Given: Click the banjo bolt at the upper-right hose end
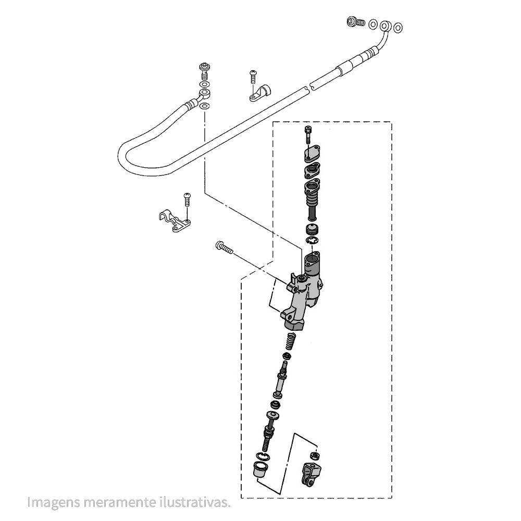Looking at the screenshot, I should coord(356,22).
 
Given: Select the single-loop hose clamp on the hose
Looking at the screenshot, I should coord(258,93).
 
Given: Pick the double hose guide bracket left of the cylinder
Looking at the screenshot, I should coord(173,222).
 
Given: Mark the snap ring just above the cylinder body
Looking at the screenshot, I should coord(313,241).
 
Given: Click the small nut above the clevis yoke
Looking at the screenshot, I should coord(314,454).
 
